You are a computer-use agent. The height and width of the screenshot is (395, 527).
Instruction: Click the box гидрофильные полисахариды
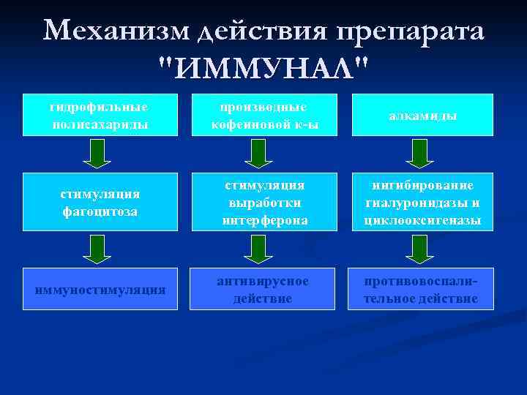click(99, 115)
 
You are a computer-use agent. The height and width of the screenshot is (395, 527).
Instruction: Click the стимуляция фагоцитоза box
click(99, 202)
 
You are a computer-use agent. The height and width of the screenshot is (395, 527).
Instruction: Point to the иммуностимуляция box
click(99, 290)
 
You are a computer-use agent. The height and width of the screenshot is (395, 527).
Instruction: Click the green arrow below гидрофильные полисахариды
click(97, 154)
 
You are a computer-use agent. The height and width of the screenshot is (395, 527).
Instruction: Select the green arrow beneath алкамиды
click(419, 154)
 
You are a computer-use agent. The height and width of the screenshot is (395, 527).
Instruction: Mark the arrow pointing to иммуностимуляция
click(97, 249)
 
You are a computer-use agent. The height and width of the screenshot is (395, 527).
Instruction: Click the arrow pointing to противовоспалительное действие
click(419, 249)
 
